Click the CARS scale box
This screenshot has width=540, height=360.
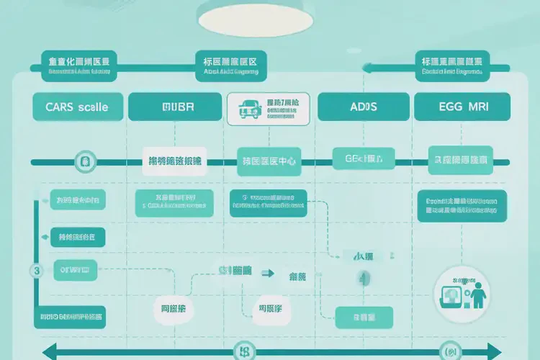(76, 107)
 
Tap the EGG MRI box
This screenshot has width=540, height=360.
(462, 107)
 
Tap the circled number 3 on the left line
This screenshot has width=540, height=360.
(36, 271)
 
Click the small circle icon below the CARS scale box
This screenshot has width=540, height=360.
(84, 160)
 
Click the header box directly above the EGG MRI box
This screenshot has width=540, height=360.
(451, 62)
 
